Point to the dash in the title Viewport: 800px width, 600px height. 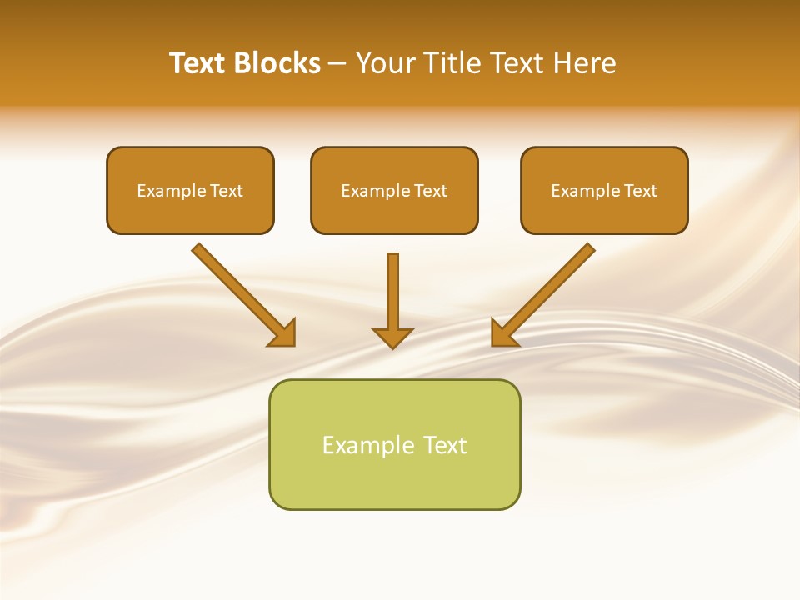(337, 64)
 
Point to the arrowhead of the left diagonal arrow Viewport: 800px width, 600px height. (283, 334)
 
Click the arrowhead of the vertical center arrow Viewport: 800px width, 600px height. (392, 337)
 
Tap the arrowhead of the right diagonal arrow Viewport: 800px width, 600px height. (503, 334)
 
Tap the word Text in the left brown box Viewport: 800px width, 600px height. (227, 191)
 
